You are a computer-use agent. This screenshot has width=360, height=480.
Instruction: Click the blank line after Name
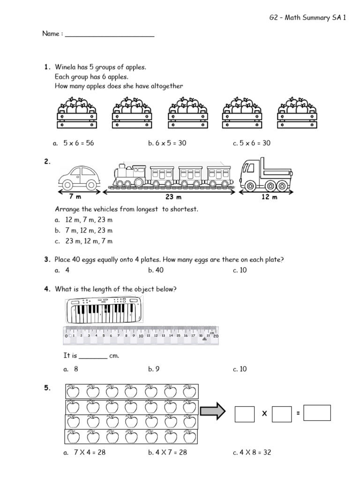click(x=109, y=34)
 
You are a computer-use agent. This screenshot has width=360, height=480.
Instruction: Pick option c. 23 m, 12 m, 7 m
click(x=83, y=241)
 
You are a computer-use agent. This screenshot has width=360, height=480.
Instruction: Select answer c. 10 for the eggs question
click(x=240, y=270)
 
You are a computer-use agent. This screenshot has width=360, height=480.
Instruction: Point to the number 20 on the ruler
click(x=215, y=336)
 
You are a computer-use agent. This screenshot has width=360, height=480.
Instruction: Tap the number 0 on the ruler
click(x=66, y=336)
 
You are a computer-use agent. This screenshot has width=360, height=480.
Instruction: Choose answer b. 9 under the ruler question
click(x=154, y=369)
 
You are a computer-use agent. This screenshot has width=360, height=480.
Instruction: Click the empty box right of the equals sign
click(x=317, y=413)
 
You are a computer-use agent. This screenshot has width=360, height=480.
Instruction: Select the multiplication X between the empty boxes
click(x=263, y=414)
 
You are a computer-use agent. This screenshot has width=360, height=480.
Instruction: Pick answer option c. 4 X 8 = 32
click(x=252, y=452)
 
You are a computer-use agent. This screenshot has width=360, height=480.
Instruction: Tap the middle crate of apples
click(x=188, y=112)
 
